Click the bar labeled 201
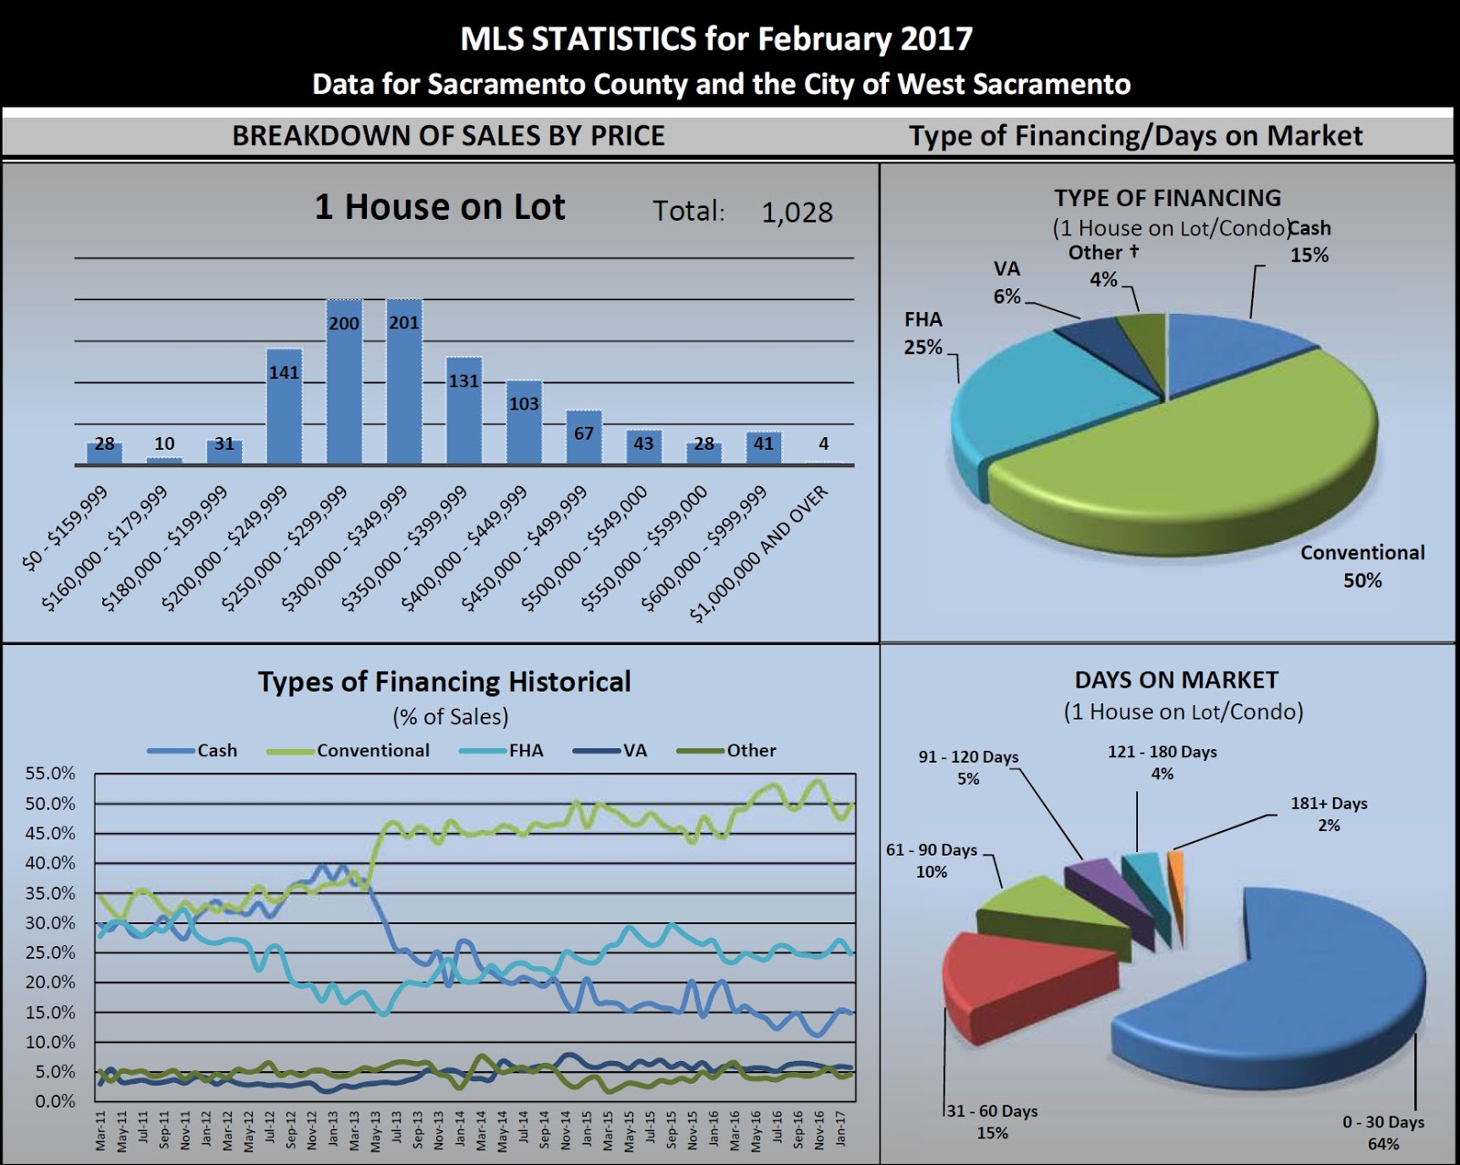pos(404,383)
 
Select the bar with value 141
pos(284,408)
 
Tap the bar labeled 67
pos(584,439)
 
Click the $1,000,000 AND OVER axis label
pos(760,553)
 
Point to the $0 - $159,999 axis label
pos(65,528)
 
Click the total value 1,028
pos(797,213)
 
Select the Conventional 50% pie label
pos(1361,566)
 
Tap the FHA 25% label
pos(923,333)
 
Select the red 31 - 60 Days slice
pos(1004,985)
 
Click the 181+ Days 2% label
pos(1329,814)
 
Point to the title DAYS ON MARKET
pos(1176,681)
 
